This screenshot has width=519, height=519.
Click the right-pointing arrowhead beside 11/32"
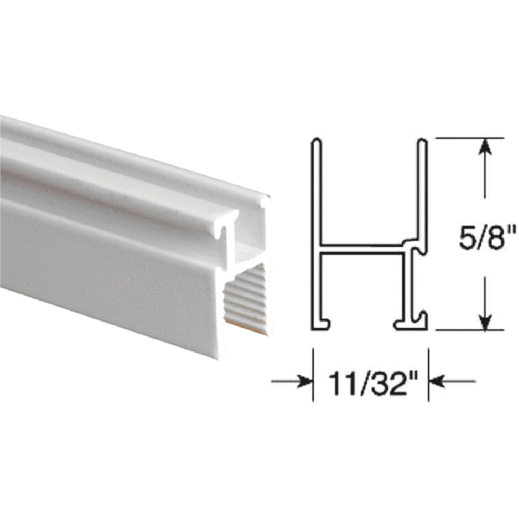coord(303,382)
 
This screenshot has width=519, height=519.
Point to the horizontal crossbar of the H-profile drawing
coord(359,248)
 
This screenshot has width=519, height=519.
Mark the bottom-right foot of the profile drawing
coord(410,323)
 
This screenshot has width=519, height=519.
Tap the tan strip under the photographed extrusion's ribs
coord(244,326)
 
